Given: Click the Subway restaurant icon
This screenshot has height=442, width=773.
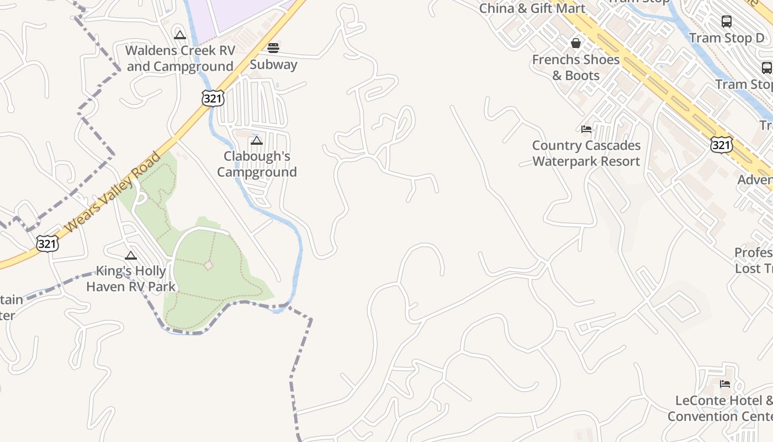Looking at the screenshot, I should coord(273,48).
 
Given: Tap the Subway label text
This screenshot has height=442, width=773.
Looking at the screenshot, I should coord(273,65).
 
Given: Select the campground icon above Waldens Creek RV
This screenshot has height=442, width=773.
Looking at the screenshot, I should coord(179,35).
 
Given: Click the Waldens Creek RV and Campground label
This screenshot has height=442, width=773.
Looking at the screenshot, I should coord(180,59).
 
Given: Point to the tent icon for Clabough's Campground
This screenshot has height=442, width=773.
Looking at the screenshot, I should coord(257,141).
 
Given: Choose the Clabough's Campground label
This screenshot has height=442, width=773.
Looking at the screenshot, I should coord(257,164).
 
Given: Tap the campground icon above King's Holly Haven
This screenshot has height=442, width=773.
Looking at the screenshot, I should coord(131,255).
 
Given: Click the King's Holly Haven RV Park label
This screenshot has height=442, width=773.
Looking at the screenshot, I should coord(131,279).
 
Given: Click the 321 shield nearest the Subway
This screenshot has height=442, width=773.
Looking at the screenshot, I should coord(213,98).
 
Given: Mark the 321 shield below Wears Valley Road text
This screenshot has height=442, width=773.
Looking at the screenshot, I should coord(47,243).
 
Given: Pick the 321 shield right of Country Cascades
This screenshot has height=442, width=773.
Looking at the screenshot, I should coord(722,145).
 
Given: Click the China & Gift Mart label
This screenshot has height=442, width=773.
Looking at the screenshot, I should coord(532,8).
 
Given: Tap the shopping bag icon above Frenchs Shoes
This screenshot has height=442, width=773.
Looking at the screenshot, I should coord(576,43).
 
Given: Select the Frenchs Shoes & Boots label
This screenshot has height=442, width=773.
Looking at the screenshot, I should coord(576,67).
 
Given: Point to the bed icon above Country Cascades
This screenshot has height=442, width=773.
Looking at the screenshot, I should coord(586,129).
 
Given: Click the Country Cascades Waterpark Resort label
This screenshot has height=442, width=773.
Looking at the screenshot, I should coord(586,154).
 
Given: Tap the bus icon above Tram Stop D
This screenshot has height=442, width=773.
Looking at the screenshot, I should coord(727,22).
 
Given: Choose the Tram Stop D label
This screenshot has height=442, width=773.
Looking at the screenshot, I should coord(727,38).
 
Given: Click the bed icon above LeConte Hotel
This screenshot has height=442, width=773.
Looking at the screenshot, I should coord(725,384).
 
